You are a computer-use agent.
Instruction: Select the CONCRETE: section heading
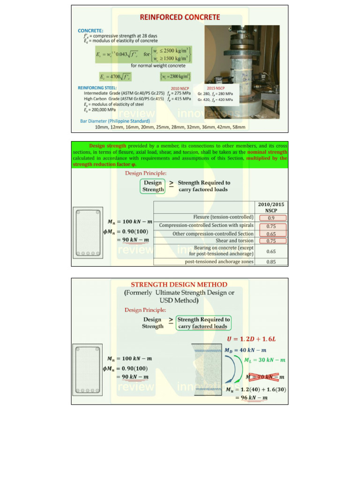90,30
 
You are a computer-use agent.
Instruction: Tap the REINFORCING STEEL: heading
97,88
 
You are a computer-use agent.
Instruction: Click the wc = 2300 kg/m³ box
175,76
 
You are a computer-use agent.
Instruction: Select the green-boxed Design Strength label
153,186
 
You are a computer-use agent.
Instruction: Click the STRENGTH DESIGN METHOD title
179,285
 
